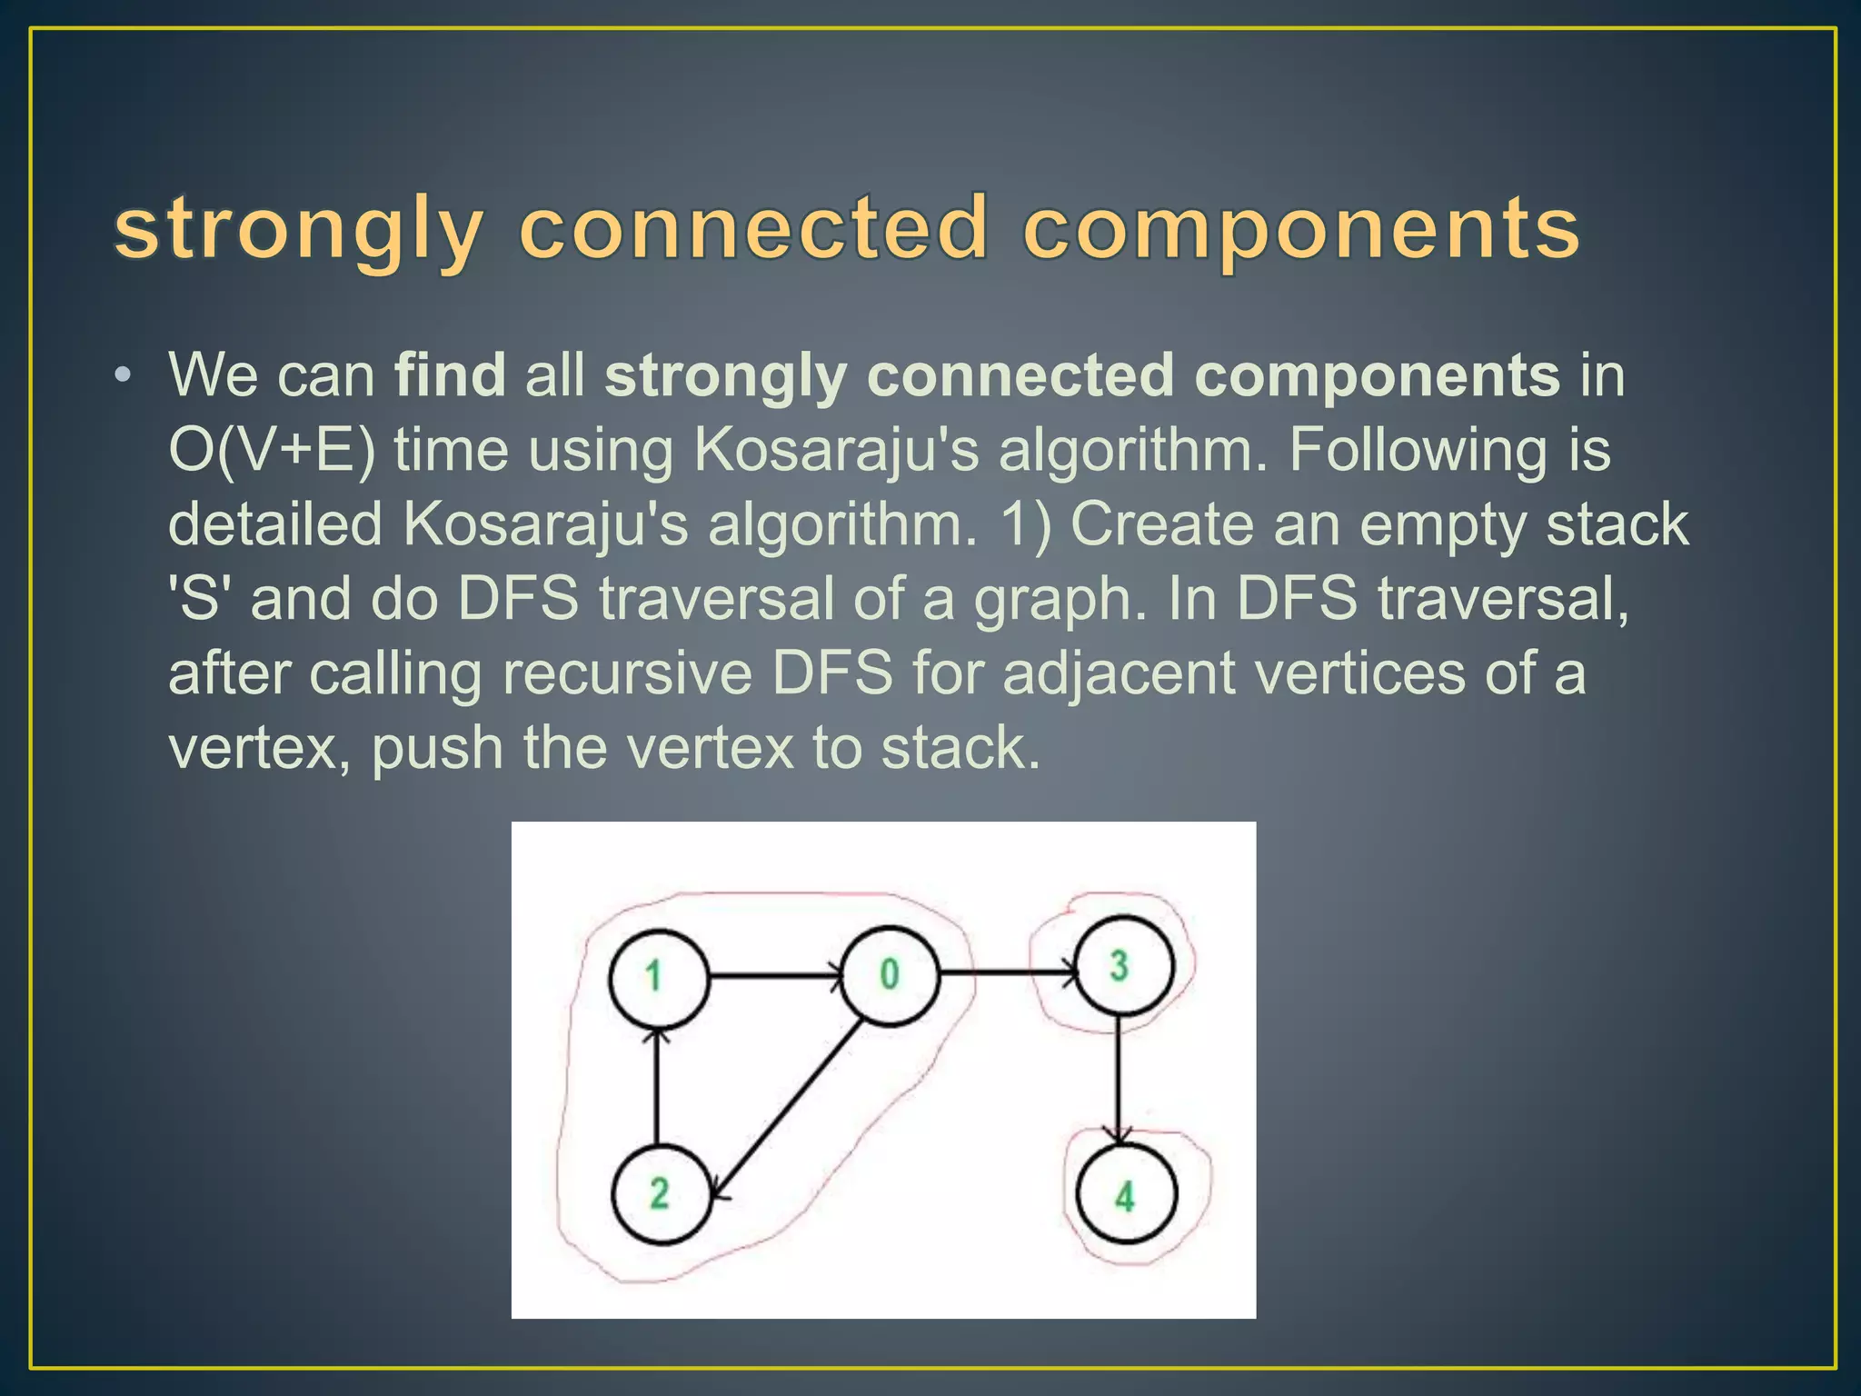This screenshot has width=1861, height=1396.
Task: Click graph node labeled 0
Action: [x=889, y=975]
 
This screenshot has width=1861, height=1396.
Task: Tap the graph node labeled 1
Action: [x=657, y=978]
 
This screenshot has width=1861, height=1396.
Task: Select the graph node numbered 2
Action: [x=660, y=1193]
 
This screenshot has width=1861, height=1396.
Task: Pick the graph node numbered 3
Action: [x=1122, y=965]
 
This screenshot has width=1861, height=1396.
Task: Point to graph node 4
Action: [x=1126, y=1194]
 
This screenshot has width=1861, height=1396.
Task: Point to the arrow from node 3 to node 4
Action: [x=1120, y=1077]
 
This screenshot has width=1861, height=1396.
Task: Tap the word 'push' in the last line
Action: [x=437, y=748]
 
